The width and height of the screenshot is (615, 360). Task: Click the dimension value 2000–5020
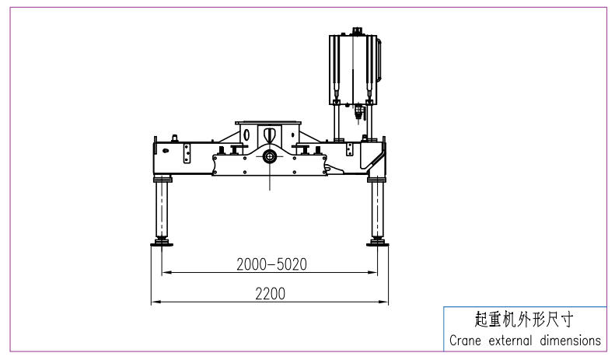[x=271, y=264]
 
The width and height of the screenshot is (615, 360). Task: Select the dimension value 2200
[x=271, y=294]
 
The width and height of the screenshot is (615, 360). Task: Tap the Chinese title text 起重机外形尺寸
[x=524, y=320]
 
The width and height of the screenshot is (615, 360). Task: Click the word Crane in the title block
[x=465, y=340]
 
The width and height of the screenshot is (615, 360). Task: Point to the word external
[x=510, y=340]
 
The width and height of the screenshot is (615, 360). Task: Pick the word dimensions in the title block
[x=570, y=340]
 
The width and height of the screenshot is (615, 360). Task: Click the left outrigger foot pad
[x=162, y=244]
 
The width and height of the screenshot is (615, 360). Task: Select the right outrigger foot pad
[x=378, y=244]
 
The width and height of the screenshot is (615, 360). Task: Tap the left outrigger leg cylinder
[x=162, y=209]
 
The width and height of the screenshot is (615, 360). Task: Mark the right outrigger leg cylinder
[x=377, y=209]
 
